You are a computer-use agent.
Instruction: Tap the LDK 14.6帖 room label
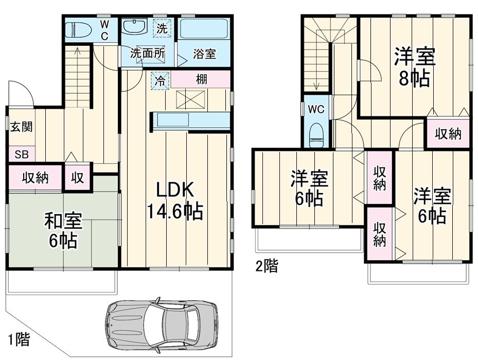(x=174, y=200)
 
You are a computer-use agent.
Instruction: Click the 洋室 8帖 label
(x=415, y=67)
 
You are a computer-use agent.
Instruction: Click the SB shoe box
(x=21, y=154)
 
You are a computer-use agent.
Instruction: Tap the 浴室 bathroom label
(x=204, y=54)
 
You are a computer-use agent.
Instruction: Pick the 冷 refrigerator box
(x=160, y=80)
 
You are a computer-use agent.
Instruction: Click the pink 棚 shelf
(x=201, y=80)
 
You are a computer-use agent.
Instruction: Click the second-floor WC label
(x=316, y=110)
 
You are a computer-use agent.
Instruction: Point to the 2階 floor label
(x=267, y=266)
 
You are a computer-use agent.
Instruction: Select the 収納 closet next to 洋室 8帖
(x=448, y=134)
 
